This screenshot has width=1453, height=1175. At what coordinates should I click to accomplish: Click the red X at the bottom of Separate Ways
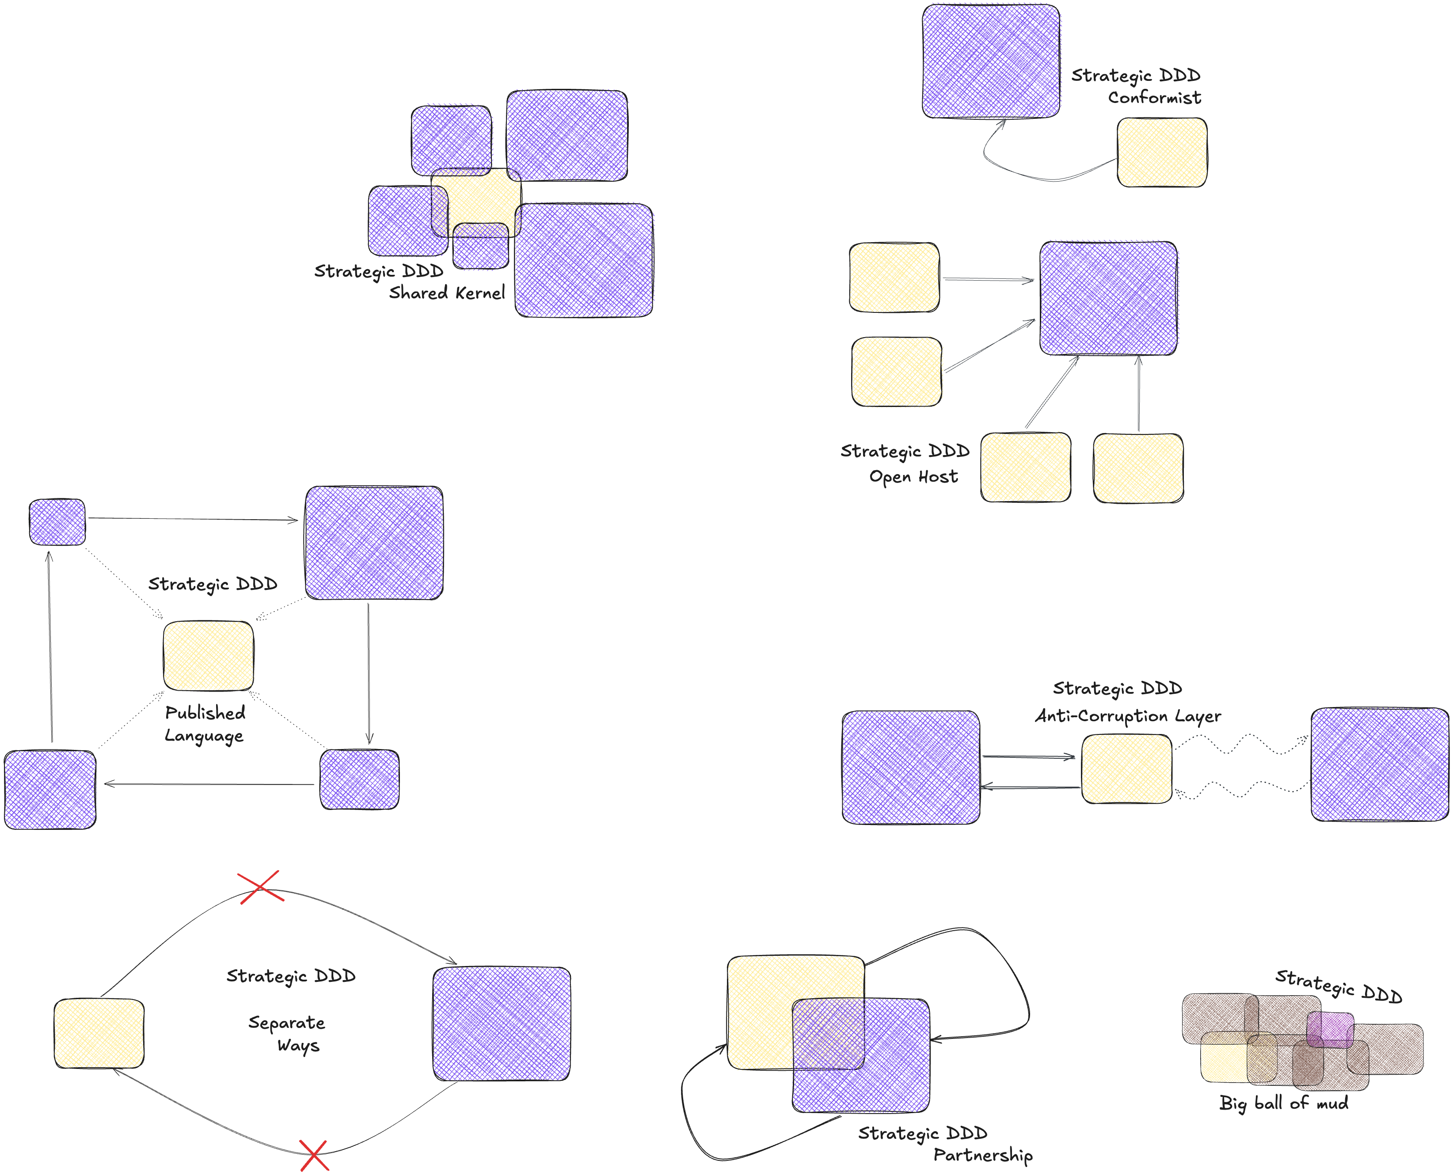[314, 1156]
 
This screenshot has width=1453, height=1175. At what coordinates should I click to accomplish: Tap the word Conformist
[1154, 98]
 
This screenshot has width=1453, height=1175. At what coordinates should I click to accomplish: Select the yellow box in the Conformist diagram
[1161, 152]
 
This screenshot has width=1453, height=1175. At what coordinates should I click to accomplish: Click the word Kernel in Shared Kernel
[480, 293]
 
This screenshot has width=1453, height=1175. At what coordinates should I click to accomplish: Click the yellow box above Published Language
[209, 656]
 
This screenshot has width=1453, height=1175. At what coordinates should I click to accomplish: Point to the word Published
[205, 713]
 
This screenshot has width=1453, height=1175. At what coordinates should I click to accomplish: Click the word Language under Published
[204, 736]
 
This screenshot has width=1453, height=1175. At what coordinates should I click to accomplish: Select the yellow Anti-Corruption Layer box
[1126, 769]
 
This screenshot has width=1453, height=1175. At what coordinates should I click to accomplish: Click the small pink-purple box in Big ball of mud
[1329, 1029]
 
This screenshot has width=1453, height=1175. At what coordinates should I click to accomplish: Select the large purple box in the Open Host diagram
[1108, 298]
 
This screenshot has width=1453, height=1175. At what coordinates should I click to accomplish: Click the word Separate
[286, 1023]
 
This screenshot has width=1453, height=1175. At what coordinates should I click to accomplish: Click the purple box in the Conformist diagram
[991, 61]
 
